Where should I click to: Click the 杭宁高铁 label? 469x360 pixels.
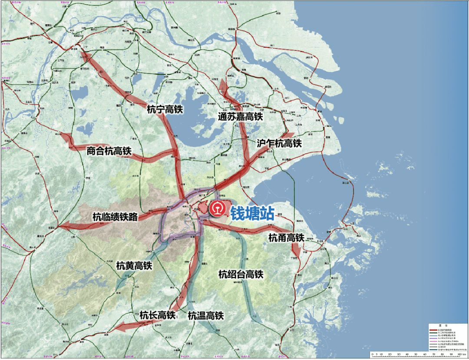(x=165, y=109)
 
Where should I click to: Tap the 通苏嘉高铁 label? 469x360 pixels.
(x=241, y=116)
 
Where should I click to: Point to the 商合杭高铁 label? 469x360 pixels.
(x=109, y=151)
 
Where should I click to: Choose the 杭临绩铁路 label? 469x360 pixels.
(x=115, y=216)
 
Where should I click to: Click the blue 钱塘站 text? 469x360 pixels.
(x=252, y=213)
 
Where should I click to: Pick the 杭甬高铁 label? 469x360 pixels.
(x=286, y=238)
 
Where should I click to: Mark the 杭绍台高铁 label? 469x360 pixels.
(x=241, y=274)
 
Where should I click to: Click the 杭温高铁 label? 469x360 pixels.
(x=206, y=316)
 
